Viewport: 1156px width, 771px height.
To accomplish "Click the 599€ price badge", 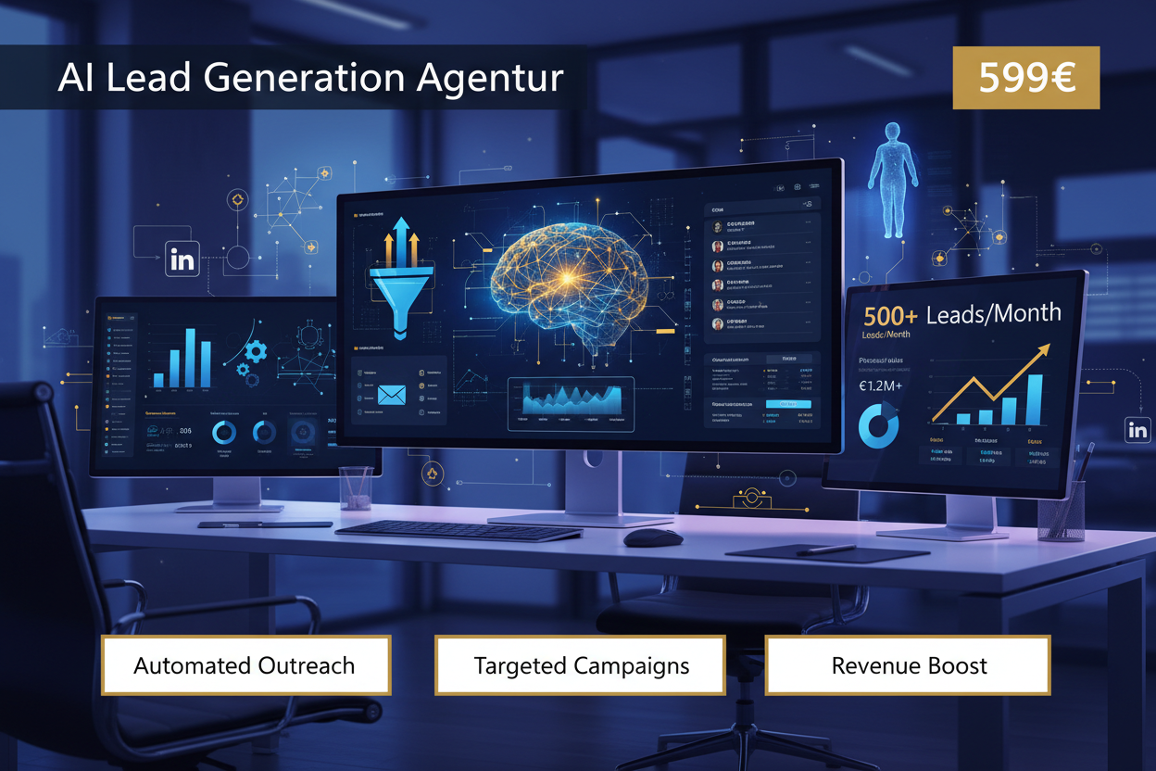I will point(1026,78).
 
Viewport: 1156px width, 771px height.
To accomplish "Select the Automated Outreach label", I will point(245,665).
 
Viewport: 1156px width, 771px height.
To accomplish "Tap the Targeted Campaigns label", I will point(581,665).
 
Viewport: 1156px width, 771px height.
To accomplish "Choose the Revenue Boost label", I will point(909,665).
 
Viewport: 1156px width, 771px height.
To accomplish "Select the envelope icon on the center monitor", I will point(392,395).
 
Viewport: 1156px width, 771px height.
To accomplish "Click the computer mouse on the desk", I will point(652,537).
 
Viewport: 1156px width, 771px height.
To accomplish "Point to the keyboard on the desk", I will point(458,530).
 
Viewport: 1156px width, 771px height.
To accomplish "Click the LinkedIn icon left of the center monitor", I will point(182,260).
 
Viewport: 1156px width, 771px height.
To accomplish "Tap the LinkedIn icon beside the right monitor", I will point(1137,430).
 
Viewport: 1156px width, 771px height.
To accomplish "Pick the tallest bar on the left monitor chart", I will point(206,356).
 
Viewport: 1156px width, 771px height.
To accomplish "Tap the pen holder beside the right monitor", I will point(1062,510).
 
